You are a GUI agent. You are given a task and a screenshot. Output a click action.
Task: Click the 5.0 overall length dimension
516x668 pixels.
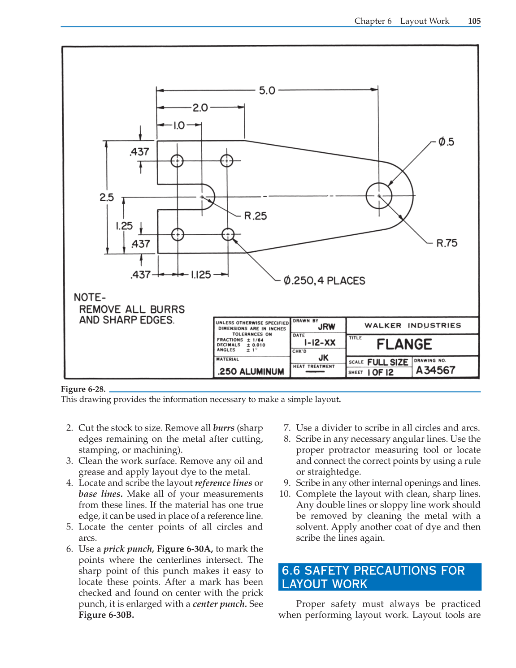coord(267,91)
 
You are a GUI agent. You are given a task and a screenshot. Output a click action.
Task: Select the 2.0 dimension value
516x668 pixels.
coord(200,108)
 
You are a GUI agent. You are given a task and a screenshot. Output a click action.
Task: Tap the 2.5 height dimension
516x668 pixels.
coord(107,197)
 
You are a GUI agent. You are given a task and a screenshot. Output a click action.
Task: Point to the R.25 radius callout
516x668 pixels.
coord(255,216)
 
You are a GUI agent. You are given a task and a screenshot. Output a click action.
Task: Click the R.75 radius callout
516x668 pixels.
coord(447,243)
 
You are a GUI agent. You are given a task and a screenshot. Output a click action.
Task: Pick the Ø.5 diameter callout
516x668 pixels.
coord(446,142)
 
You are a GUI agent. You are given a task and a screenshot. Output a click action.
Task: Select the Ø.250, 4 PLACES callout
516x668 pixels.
coord(324,281)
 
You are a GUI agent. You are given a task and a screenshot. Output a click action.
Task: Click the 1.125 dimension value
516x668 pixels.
coord(200,275)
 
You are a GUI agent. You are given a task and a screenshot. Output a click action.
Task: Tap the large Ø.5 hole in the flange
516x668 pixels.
coord(379,196)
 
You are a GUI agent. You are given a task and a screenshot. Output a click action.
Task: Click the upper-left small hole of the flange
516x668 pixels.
coord(177,160)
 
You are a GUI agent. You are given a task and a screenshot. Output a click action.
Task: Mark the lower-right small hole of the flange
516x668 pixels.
coord(228,234)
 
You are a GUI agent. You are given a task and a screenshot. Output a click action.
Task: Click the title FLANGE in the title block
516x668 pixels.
coord(404,344)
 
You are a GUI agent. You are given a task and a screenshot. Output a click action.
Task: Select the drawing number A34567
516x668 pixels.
coord(435,371)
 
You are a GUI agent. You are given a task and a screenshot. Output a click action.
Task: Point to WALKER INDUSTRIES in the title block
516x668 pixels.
coord(412,326)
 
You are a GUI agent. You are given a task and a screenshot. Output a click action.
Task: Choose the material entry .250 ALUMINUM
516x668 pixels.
coord(251,371)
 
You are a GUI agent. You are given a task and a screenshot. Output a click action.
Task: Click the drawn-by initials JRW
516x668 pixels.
coord(326,327)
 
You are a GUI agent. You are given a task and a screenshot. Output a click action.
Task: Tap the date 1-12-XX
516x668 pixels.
coord(320,343)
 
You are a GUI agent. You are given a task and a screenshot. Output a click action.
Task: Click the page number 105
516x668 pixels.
coord(474,21)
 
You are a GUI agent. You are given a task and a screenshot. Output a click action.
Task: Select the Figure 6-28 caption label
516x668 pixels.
coord(83,389)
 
